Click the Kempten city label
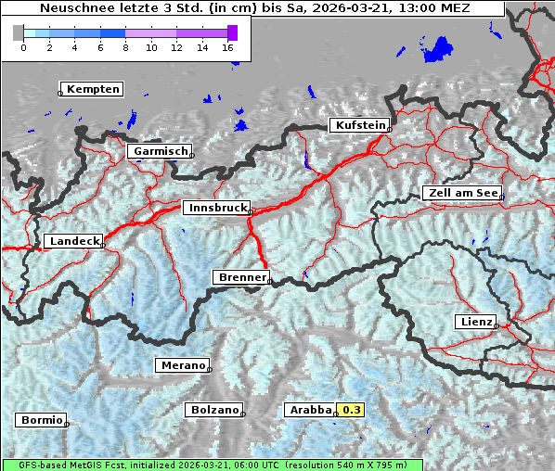click(x=93, y=89)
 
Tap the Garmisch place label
click(x=161, y=151)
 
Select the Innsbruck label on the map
click(x=217, y=209)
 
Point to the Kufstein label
click(x=359, y=125)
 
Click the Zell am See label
click(x=462, y=193)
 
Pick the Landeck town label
click(x=73, y=241)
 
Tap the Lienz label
click(x=476, y=322)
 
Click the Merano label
click(x=182, y=365)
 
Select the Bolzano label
click(x=215, y=410)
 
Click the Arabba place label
click(x=310, y=410)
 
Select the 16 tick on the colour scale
click(x=228, y=47)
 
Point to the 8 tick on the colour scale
click(x=125, y=47)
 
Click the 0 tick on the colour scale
click(x=23, y=47)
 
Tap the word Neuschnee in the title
click(x=73, y=8)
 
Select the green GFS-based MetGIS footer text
click(x=212, y=465)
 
